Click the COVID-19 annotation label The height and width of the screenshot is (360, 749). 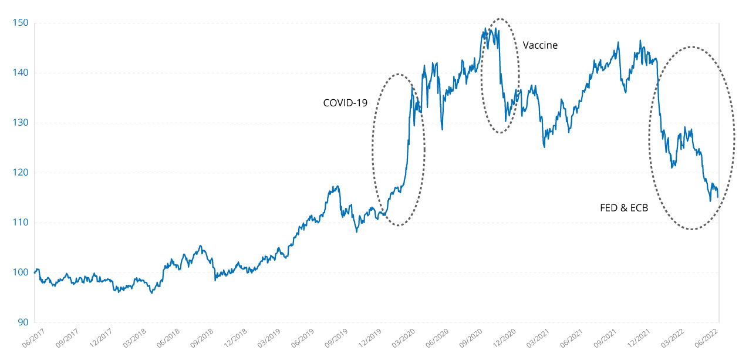pyautogui.click(x=345, y=103)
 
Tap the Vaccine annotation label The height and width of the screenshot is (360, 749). pyautogui.click(x=540, y=45)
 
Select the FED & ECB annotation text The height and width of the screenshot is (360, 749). pyautogui.click(x=624, y=207)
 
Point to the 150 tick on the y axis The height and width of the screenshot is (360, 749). pyautogui.click(x=22, y=23)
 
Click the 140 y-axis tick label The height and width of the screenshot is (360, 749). pyautogui.click(x=22, y=73)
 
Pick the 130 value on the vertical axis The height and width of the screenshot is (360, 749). pyautogui.click(x=22, y=123)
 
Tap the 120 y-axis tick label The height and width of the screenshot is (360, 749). pyautogui.click(x=22, y=173)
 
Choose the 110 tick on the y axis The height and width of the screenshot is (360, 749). pyautogui.click(x=22, y=223)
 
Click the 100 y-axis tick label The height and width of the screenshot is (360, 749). pyautogui.click(x=22, y=272)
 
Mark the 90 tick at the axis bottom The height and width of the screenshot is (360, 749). pyautogui.click(x=24, y=322)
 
